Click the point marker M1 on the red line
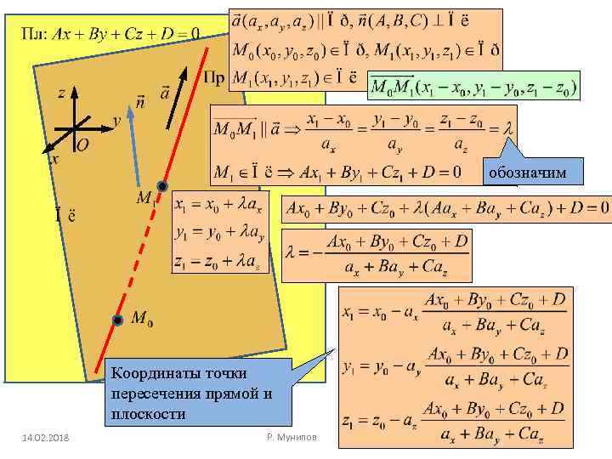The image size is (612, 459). [162, 186]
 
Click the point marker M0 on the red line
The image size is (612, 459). [117, 320]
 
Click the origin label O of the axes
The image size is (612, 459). [82, 145]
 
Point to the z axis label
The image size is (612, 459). [62, 93]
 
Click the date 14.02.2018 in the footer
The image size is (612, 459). [47, 437]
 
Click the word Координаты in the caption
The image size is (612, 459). [153, 374]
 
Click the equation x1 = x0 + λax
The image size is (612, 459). [218, 205]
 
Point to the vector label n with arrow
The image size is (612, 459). [139, 101]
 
